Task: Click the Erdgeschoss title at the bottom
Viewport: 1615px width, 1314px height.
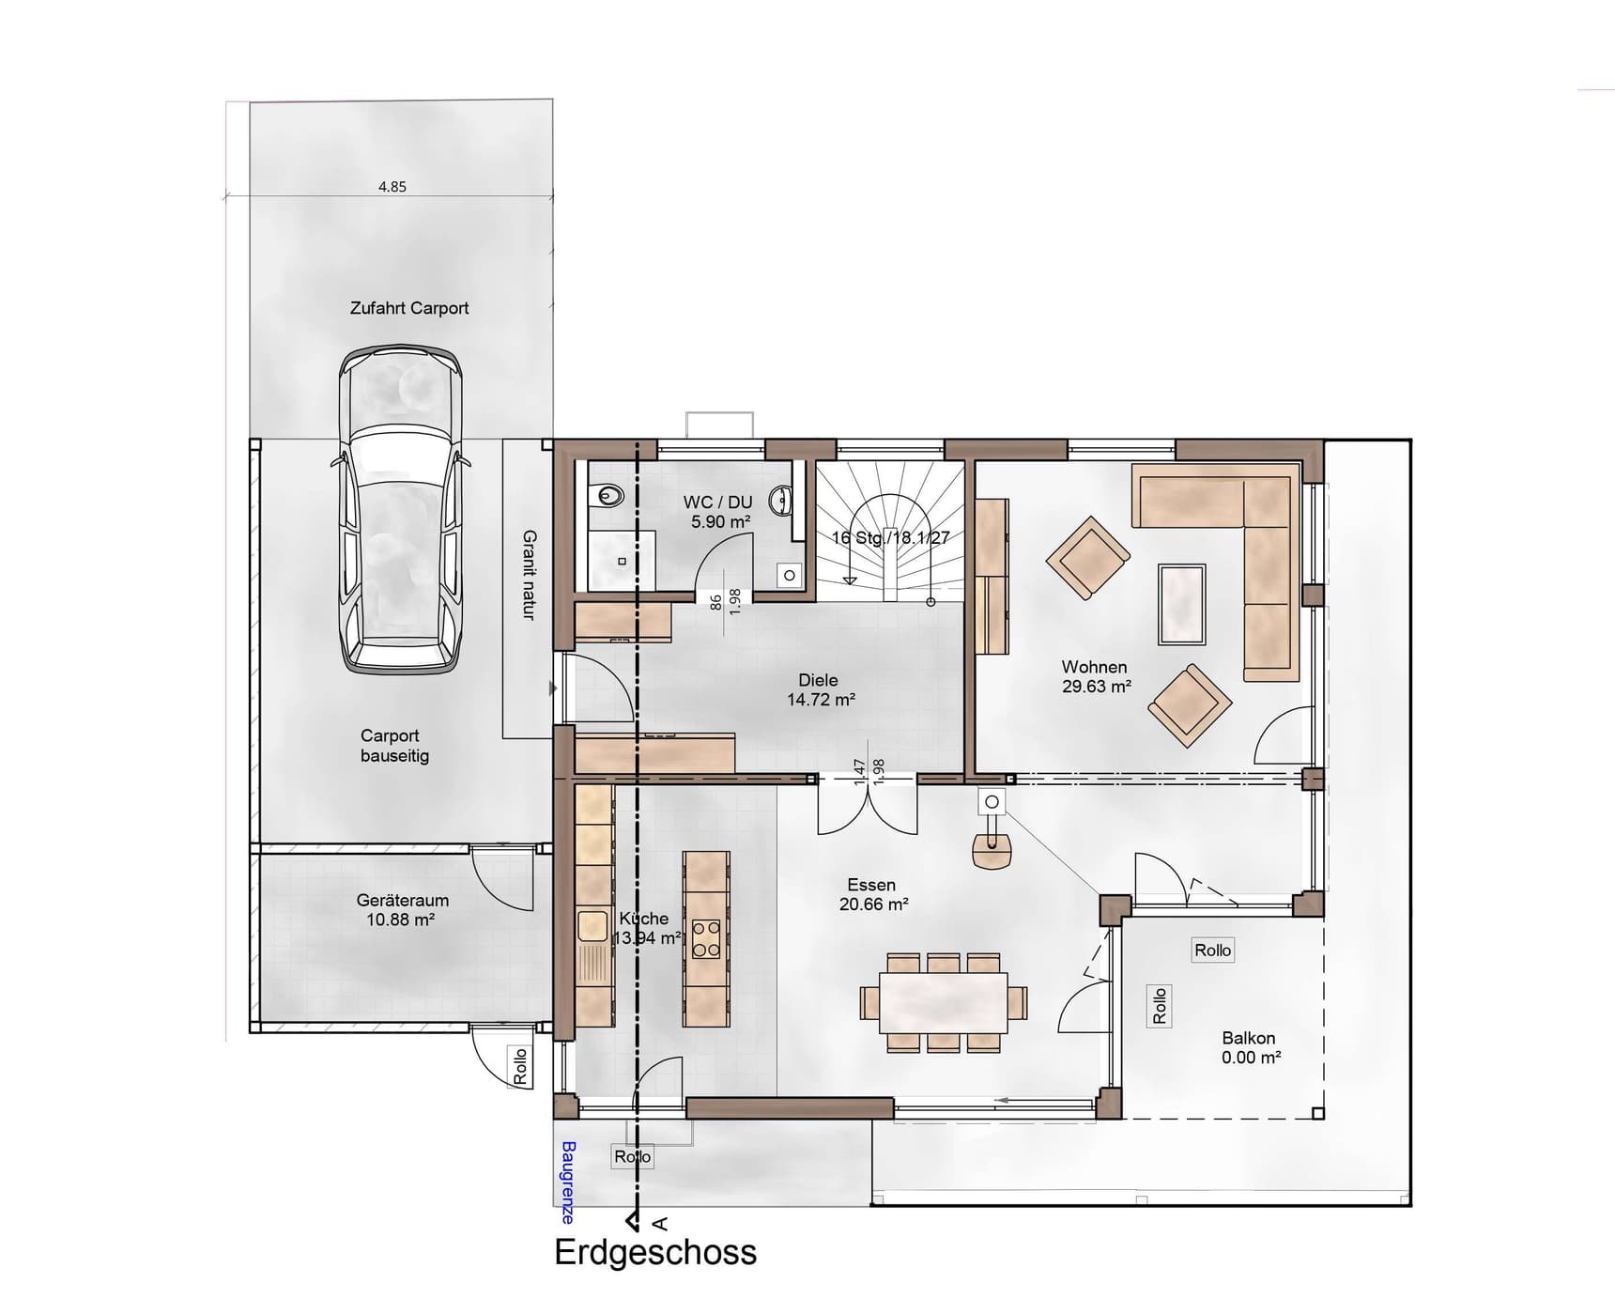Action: pos(655,1252)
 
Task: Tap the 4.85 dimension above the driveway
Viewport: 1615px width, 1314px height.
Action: pos(392,187)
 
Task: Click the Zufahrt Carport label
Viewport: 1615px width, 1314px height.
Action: pos(408,308)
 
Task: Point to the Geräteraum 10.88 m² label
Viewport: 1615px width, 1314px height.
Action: pos(402,909)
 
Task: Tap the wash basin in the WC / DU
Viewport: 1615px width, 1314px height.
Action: pos(781,501)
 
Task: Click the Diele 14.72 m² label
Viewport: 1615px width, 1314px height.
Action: pos(819,689)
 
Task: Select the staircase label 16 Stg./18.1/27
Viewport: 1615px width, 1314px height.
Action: pos(890,538)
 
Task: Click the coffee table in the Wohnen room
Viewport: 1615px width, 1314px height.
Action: pos(1181,604)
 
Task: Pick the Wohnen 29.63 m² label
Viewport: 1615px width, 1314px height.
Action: pos(1095,676)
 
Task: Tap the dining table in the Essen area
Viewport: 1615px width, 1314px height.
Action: pos(943,1002)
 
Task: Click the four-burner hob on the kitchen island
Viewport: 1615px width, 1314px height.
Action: pos(706,938)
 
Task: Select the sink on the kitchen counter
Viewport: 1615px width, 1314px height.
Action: pos(592,926)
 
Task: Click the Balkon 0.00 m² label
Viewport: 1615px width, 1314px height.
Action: pos(1250,1047)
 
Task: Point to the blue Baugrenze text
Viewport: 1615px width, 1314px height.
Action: pos(567,1182)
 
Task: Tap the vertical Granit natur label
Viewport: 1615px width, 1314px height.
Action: pos(530,574)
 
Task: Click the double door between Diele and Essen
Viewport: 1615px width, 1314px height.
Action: pos(868,805)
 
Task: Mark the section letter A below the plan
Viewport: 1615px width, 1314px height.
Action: pos(660,1223)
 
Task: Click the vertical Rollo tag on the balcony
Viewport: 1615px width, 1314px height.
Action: pos(1160,1005)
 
